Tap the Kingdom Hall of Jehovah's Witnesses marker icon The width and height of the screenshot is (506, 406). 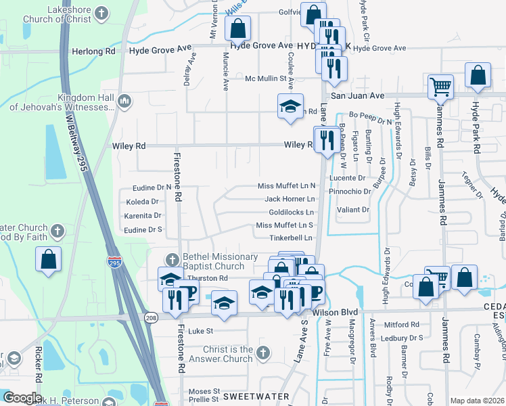click(x=124, y=101)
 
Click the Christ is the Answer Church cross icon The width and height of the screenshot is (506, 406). click(x=264, y=353)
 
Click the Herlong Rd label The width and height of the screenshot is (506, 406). click(x=92, y=51)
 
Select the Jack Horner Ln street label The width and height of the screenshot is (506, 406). click(x=290, y=199)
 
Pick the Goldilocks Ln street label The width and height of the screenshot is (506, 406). click(x=292, y=212)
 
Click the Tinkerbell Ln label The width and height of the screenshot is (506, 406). click(x=292, y=238)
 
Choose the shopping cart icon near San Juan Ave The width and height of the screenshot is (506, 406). click(x=440, y=87)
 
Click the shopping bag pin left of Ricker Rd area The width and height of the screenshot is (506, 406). click(x=49, y=259)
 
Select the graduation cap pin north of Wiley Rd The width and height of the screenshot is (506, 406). click(x=290, y=106)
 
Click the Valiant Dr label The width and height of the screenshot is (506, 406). click(x=356, y=210)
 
